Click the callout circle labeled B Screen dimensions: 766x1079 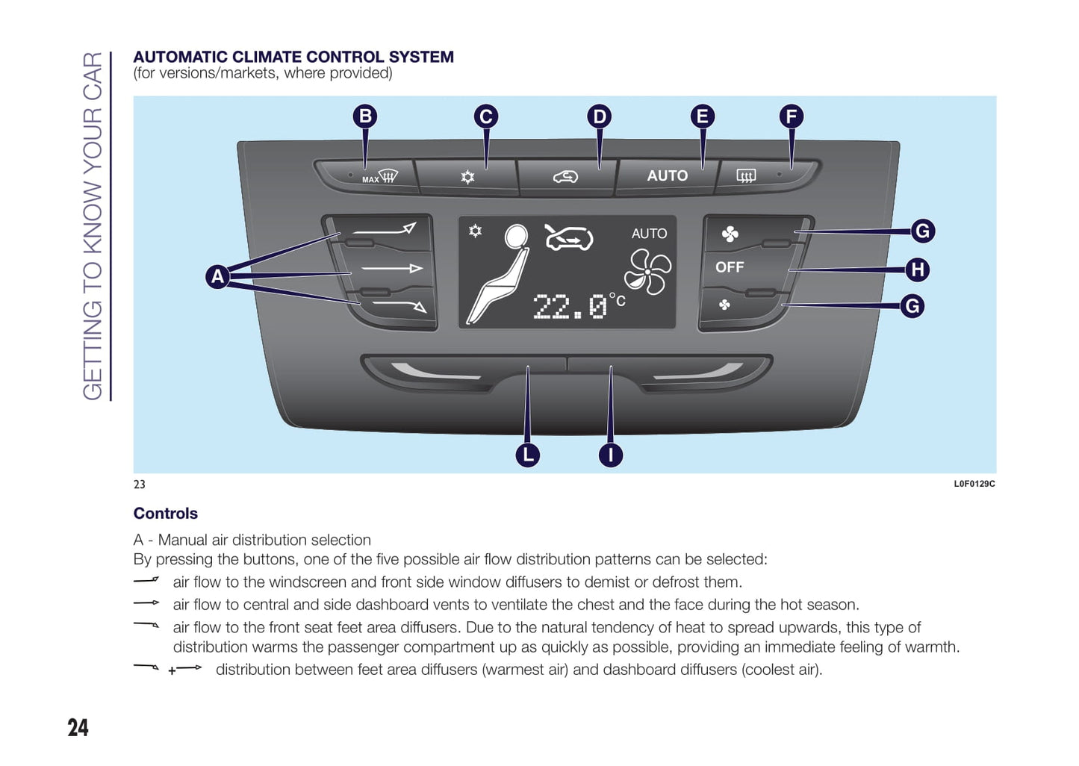[x=365, y=116]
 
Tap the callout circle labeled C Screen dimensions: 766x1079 [x=486, y=116]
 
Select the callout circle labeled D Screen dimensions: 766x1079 [x=599, y=116]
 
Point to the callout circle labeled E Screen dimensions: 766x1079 [x=702, y=116]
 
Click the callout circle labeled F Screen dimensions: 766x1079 [x=792, y=116]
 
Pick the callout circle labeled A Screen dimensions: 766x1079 [x=217, y=276]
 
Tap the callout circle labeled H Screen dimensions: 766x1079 [x=918, y=270]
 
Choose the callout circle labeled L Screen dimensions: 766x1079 [x=528, y=455]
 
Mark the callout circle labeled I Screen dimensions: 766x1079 [x=611, y=455]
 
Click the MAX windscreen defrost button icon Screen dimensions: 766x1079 [x=380, y=177]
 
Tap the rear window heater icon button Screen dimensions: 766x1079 [x=746, y=176]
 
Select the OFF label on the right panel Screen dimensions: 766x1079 [x=730, y=267]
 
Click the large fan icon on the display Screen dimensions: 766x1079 [x=647, y=272]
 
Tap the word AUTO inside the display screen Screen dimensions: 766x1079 [x=649, y=234]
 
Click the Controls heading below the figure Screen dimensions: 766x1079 [x=166, y=514]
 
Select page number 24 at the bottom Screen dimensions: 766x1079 [x=78, y=727]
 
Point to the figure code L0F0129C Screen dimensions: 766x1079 [x=974, y=484]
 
